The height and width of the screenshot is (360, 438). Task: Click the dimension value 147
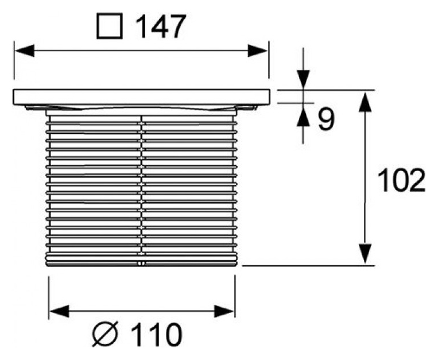pyautogui.click(x=160, y=27)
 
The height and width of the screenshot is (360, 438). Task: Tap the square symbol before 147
pyautogui.click(x=108, y=27)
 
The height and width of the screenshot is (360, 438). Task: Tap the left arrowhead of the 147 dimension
pyautogui.click(x=23, y=50)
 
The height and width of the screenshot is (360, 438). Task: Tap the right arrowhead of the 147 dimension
pyautogui.click(x=259, y=50)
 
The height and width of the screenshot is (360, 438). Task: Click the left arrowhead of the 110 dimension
pyautogui.click(x=57, y=311)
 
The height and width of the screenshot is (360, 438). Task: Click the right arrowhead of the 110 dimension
pyautogui.click(x=226, y=311)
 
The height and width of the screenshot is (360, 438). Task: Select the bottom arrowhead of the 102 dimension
pyautogui.click(x=363, y=256)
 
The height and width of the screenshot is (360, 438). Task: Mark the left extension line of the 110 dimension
pyautogui.click(x=49, y=296)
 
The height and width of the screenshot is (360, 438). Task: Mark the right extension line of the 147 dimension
pyautogui.click(x=268, y=60)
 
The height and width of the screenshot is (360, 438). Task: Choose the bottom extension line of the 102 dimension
pyautogui.click(x=310, y=266)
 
